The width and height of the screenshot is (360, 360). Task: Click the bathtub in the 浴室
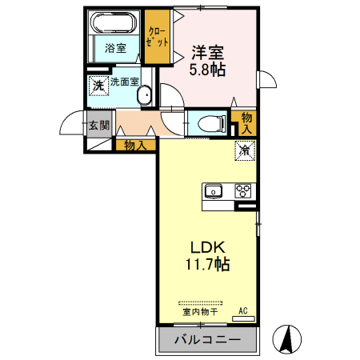point(114,24)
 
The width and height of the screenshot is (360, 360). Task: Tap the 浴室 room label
point(115,48)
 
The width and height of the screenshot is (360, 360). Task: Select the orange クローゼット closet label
point(158,37)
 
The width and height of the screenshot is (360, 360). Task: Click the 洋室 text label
point(206,53)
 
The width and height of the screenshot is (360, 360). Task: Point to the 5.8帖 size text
point(206,70)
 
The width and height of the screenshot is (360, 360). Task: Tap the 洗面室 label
point(125,82)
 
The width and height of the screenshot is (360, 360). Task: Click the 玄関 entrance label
point(99,126)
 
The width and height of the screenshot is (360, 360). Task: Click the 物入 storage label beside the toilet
point(246,122)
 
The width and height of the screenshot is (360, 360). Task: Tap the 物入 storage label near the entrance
point(134,145)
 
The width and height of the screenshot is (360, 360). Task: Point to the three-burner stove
point(242,191)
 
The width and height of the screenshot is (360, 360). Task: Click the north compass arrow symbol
point(286,339)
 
